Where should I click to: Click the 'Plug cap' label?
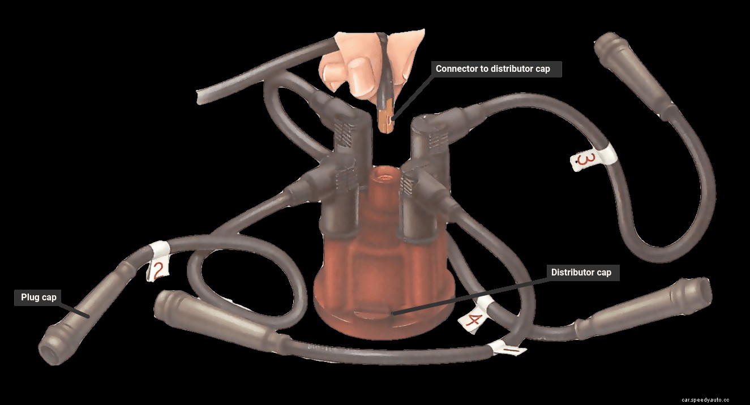coord(38,298)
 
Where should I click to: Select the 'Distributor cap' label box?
coord(581,273)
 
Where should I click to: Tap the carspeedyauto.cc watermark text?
coord(713,398)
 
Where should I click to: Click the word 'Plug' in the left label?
coord(29,298)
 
